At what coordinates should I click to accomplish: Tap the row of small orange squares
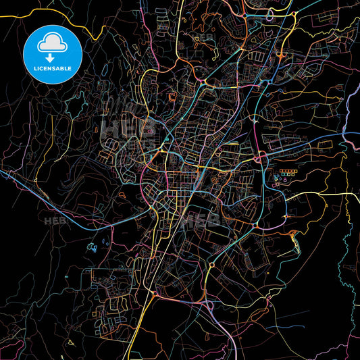[x=290, y=172]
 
